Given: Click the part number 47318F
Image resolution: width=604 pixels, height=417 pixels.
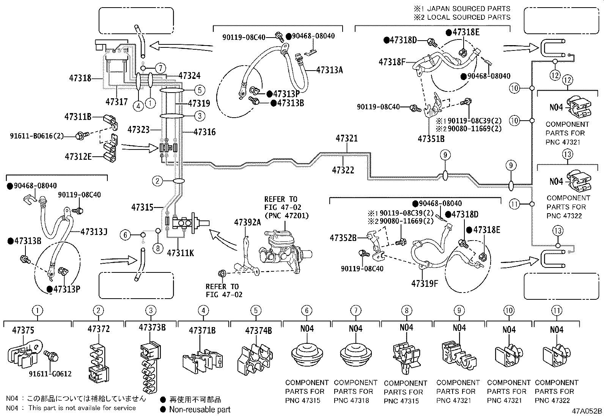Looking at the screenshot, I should pyautogui.click(x=392, y=61).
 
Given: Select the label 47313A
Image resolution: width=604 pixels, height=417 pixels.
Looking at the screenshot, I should pyautogui.click(x=329, y=70).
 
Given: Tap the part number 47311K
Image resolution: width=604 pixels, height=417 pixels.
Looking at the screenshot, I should pyautogui.click(x=180, y=253).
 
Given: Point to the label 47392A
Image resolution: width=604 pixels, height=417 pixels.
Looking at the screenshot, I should pyautogui.click(x=247, y=222).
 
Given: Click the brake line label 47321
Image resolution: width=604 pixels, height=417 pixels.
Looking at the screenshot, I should pyautogui.click(x=346, y=139).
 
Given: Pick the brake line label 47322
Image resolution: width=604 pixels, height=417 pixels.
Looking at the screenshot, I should pyautogui.click(x=343, y=170).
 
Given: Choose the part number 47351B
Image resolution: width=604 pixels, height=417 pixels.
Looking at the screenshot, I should pyautogui.click(x=431, y=139).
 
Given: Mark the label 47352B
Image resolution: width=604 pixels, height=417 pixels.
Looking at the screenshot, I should pyautogui.click(x=343, y=238).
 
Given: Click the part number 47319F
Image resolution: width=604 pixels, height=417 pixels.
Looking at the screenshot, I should pyautogui.click(x=425, y=283).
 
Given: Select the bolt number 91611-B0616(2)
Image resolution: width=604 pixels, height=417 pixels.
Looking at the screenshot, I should pyautogui.click(x=36, y=135).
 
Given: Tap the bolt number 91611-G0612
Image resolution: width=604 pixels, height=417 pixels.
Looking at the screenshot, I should pyautogui.click(x=50, y=374).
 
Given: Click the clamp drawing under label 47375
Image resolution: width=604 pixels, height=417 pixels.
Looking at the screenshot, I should pyautogui.click(x=24, y=354).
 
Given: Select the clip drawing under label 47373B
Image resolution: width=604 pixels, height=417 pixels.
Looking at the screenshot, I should pyautogui.click(x=150, y=366).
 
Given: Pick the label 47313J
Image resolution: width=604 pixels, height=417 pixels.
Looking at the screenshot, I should pyautogui.click(x=94, y=231).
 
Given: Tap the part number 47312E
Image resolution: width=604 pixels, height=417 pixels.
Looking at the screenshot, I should pyautogui.click(x=78, y=156).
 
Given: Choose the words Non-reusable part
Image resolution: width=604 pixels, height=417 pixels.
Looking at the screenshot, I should pyautogui.click(x=200, y=409).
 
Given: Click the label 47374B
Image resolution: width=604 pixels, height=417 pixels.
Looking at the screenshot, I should pyautogui.click(x=258, y=330).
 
